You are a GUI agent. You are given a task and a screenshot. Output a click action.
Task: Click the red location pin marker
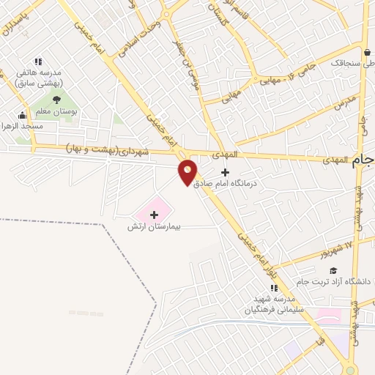pos(188,172)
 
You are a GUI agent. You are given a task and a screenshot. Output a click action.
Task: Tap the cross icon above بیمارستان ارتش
pos(154,214)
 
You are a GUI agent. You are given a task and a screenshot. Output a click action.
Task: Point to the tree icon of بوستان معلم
pos(57,100)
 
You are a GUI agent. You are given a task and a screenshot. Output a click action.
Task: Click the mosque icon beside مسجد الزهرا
pos(22,115)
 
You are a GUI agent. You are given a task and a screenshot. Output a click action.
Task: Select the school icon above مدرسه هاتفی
pos(38,62)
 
